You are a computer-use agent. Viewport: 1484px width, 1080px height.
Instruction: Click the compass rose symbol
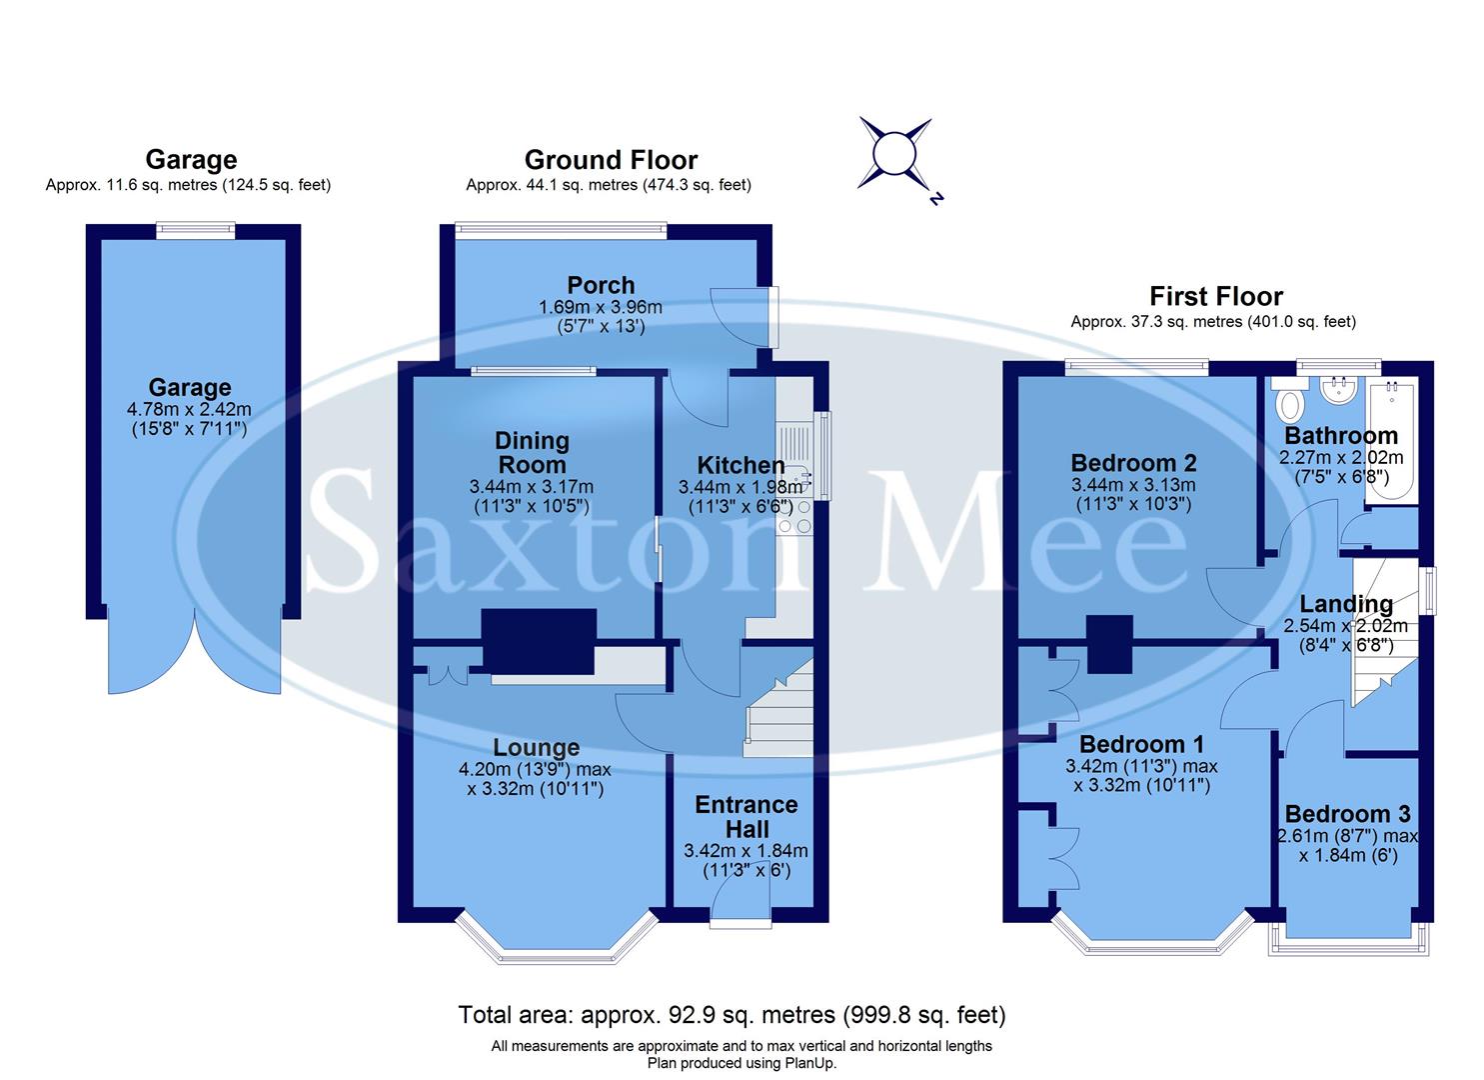[x=895, y=155]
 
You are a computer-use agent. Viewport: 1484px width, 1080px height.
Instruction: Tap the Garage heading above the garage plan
[x=191, y=160]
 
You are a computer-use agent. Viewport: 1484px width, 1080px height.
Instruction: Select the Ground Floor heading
[x=611, y=160]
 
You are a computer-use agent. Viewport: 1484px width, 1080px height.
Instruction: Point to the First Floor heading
[x=1215, y=296]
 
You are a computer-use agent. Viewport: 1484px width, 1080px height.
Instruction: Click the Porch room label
[x=601, y=285]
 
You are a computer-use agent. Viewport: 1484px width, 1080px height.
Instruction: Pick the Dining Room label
[x=533, y=453]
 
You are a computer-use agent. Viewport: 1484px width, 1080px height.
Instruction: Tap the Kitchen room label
[x=741, y=465]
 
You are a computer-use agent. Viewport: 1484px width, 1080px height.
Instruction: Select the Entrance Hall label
[x=746, y=817]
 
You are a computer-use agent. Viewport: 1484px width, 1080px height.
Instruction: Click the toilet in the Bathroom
[x=1290, y=402]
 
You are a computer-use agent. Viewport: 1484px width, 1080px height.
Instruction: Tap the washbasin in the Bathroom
[x=1337, y=391]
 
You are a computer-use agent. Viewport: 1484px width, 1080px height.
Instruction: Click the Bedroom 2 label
[x=1133, y=463]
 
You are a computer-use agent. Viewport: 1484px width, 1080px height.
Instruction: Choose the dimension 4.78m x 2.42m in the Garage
[x=190, y=409]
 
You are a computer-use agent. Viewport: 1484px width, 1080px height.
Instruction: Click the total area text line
[x=732, y=1015]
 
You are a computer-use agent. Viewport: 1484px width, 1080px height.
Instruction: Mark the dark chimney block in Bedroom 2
[x=1109, y=644]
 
